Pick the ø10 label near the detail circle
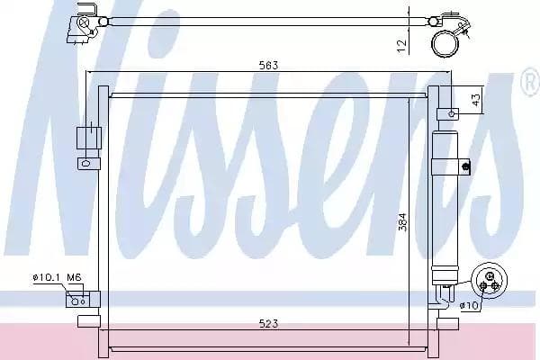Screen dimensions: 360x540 pyautogui.click(x=468, y=306)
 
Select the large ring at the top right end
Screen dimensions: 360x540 pyautogui.click(x=444, y=41)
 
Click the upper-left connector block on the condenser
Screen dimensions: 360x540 pyautogui.click(x=85, y=139)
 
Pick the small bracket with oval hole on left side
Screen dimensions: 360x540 pyautogui.click(x=85, y=164)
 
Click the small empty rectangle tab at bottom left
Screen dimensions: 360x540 pyautogui.click(x=86, y=319)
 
